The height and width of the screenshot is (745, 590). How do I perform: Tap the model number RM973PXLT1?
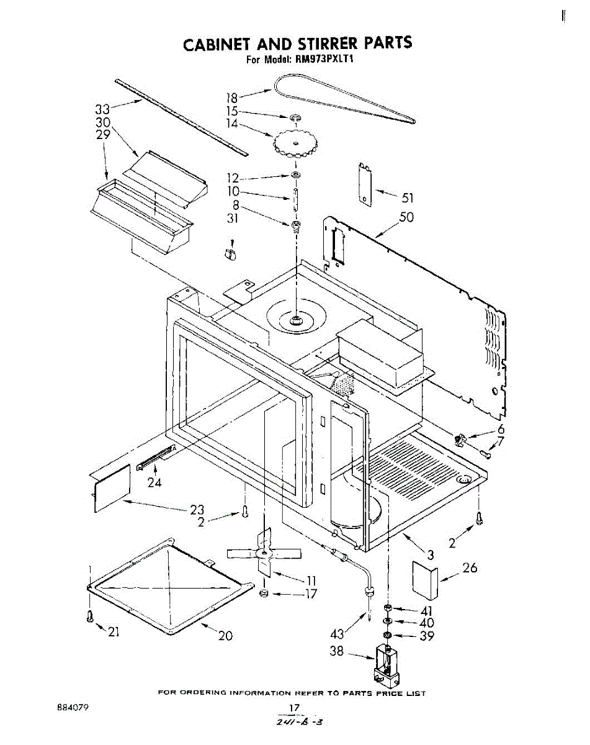(x=328, y=60)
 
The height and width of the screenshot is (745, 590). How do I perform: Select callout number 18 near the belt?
(x=231, y=97)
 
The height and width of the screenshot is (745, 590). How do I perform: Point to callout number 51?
(x=406, y=199)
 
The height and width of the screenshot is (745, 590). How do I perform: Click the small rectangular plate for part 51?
(x=365, y=183)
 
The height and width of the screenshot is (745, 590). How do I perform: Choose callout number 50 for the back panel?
(x=406, y=218)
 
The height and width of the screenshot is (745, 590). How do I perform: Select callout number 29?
(x=102, y=135)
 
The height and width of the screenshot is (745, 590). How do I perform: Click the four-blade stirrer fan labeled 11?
(x=264, y=553)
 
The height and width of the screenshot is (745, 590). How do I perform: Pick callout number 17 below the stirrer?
(x=310, y=594)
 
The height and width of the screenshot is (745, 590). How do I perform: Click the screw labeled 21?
(x=91, y=616)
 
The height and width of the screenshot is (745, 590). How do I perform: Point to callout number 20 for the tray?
(x=225, y=635)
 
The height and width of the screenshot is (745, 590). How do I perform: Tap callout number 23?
(x=197, y=510)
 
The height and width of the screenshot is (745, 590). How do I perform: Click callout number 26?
(x=470, y=567)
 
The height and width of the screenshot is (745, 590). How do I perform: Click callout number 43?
(x=337, y=635)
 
